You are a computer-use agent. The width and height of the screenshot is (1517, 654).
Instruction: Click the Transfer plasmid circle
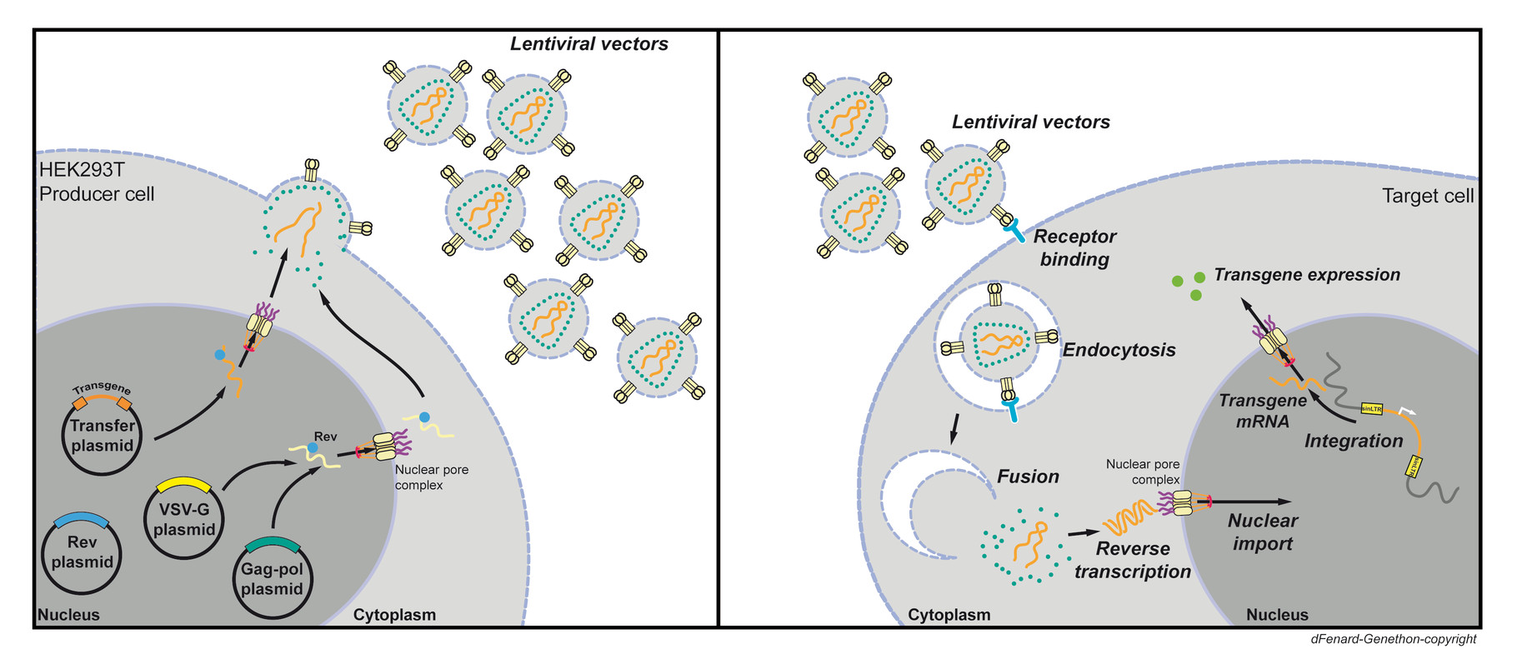[102, 435]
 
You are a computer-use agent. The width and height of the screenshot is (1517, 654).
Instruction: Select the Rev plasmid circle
[82, 552]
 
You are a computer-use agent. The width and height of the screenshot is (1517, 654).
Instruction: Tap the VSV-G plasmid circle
[184, 518]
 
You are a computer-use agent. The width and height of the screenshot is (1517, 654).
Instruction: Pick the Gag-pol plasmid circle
[272, 578]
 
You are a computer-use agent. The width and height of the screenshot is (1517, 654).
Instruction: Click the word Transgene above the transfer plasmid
[102, 388]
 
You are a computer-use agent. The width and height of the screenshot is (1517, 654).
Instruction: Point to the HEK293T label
[82, 170]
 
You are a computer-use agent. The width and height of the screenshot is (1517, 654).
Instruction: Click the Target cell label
[1427, 197]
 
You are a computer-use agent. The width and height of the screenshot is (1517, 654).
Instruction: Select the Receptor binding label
[1074, 248]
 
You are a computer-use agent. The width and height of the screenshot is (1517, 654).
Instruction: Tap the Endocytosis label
[1119, 350]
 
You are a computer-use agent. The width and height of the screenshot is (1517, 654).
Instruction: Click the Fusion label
[1028, 477]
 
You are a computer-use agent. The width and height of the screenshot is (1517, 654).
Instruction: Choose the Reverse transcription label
[1132, 560]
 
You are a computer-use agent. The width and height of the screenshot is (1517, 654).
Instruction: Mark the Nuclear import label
[1262, 532]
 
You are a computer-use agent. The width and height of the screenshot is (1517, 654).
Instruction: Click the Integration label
[1353, 441]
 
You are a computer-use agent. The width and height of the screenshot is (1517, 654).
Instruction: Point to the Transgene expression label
[1306, 275]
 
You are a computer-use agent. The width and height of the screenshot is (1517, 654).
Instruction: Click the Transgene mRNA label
[1262, 411]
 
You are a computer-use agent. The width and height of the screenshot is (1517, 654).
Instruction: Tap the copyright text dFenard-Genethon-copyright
[1393, 639]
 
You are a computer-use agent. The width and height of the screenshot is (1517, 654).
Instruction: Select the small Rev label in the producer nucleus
[325, 437]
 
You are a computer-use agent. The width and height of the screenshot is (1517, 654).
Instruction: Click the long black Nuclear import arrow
[1250, 502]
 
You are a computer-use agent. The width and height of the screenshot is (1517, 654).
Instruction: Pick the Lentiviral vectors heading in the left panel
[588, 44]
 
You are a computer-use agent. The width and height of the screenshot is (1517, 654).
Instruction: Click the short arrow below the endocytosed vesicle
[954, 428]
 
